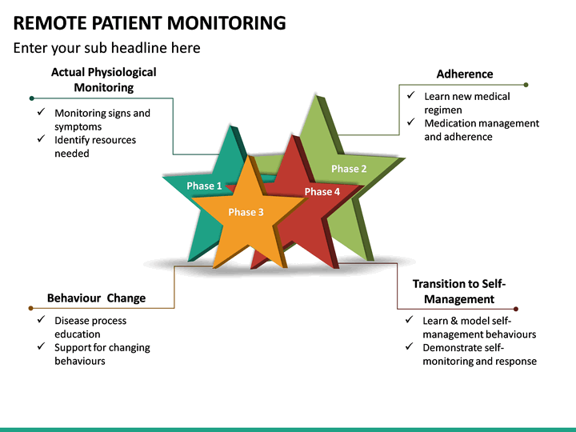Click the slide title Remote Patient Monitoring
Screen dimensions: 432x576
(x=150, y=22)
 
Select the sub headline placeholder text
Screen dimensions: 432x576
(x=107, y=48)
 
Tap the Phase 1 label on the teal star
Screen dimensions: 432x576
(x=204, y=186)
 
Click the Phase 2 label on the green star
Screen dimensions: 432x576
(x=349, y=169)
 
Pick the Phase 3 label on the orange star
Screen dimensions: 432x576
(x=246, y=212)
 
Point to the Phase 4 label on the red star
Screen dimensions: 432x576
(x=322, y=191)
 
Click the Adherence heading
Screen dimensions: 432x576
(x=465, y=74)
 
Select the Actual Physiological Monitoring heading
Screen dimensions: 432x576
(x=104, y=79)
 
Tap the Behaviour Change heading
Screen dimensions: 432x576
(x=96, y=298)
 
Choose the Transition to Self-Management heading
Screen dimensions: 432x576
(x=459, y=291)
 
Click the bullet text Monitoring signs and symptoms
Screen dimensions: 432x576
(x=102, y=120)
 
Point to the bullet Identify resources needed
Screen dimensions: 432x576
(x=95, y=146)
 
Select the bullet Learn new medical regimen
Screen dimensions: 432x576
(x=466, y=103)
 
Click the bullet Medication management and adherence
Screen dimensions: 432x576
(x=481, y=130)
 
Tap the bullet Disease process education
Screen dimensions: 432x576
(x=90, y=327)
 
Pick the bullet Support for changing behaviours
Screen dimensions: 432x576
(x=102, y=354)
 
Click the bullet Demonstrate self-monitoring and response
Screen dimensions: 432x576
(x=479, y=354)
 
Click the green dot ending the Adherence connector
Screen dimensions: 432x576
(x=526, y=84)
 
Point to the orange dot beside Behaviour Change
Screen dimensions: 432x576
(x=31, y=308)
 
